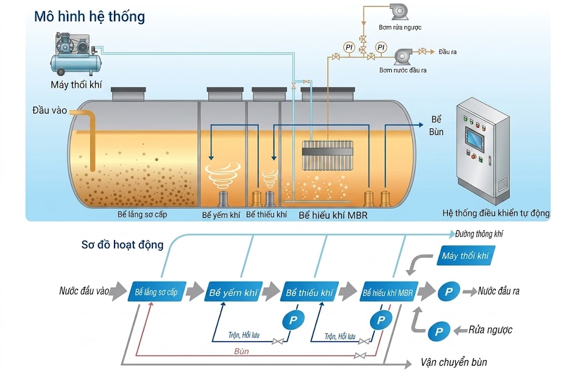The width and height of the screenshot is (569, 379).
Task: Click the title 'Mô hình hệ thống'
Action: pos(89,17)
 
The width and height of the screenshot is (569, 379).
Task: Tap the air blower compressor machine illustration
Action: pos(76,54)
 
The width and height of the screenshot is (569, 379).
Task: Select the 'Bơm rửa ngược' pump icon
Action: pos(399,12)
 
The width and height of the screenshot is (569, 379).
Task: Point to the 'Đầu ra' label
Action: pos(447,52)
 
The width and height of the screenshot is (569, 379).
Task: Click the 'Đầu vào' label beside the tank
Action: pos(49,111)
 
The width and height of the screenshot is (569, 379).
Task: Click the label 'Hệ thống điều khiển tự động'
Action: pos(496,213)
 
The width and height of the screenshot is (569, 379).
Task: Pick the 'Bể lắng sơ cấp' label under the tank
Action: pos(142,215)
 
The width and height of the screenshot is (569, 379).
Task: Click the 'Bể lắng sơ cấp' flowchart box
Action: pos(157,292)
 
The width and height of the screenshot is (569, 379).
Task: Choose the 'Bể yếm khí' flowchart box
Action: pos(233,292)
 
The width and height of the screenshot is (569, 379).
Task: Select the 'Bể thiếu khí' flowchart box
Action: pos(310,292)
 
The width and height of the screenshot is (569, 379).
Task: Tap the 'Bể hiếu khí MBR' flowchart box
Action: pos(388,292)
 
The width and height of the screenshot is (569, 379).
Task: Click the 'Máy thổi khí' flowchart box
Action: pos(466,256)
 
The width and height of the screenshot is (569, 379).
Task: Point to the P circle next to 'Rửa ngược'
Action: pos(439,331)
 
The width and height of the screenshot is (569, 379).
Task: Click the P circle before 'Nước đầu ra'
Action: pos(449,291)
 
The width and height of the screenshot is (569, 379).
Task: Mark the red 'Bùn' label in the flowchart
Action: pos(241,351)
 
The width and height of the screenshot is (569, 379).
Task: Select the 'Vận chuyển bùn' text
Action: pos(453,362)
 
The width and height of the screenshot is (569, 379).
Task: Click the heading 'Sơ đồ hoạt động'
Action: pos(122,245)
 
